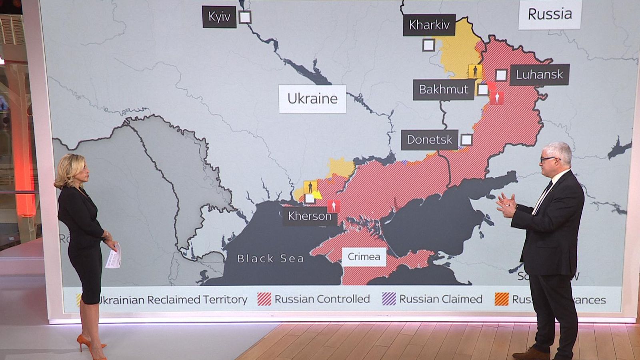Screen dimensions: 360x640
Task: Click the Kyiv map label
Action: tap(219, 17)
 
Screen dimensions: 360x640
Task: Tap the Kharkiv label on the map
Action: tap(429, 25)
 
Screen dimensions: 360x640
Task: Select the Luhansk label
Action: tap(539, 74)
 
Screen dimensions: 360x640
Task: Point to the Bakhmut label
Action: tap(443, 89)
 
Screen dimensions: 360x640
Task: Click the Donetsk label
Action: tap(429, 140)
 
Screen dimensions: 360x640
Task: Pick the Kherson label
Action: tap(310, 216)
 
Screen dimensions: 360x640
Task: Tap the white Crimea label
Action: tap(364, 256)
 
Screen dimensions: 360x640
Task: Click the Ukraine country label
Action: tap(312, 99)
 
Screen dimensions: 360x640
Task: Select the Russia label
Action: tap(550, 14)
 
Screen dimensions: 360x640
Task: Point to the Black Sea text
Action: tap(270, 259)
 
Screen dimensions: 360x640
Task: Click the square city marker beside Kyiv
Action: tap(245, 17)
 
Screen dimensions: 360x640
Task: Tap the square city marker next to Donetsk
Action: tap(466, 140)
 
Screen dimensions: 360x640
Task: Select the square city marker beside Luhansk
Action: tap(501, 75)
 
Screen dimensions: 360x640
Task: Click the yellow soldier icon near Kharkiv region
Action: tap(475, 71)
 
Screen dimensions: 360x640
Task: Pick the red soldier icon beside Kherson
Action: tap(334, 206)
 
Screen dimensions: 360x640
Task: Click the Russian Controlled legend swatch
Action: tap(264, 299)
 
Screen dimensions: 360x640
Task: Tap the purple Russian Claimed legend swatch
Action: tap(389, 299)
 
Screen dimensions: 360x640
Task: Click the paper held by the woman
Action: tap(114, 256)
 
